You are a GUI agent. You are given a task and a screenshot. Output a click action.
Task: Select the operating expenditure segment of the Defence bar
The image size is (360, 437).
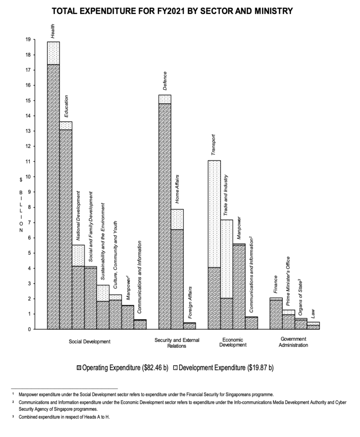coord(165,213)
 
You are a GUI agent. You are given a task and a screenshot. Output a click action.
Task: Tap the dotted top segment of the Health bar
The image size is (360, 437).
coord(53,53)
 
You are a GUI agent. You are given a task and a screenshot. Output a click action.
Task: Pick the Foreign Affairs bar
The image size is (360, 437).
coord(189,326)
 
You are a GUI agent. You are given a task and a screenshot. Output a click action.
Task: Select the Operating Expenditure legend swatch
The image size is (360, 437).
coord(78,367)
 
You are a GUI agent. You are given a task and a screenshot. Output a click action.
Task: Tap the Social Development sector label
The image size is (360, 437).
coord(90,341)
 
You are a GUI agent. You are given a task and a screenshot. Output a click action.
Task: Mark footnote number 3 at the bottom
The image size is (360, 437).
coord(13,417)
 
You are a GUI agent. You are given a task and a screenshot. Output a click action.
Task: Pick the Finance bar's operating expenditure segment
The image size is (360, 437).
coord(276,315)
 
